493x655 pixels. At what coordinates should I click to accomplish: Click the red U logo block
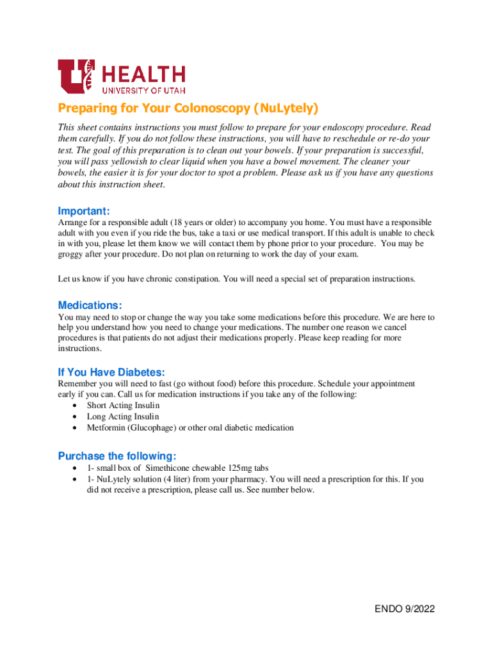[76, 76]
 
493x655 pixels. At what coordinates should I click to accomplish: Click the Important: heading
[84, 211]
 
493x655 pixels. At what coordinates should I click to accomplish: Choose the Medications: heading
[90, 305]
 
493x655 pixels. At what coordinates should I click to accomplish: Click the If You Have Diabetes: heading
[111, 372]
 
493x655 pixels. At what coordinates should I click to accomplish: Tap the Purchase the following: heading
[117, 456]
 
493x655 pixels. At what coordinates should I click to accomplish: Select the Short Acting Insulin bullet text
[123, 406]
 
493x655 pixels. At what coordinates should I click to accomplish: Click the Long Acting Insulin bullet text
[123, 416]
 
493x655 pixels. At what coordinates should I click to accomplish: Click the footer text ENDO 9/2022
[405, 609]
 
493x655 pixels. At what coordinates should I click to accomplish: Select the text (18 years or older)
[188, 223]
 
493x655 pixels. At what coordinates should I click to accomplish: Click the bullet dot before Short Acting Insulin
[76, 406]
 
